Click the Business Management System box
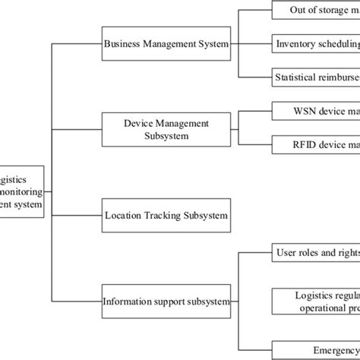tap(166, 44)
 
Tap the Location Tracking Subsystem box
tap(166, 216)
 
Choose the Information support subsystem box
tap(166, 302)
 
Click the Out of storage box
tap(315, 11)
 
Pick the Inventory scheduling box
tap(315, 43)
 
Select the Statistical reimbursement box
tap(315, 76)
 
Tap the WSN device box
tap(315, 109)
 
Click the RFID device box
tap(315, 142)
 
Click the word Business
tap(123, 44)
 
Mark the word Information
tap(126, 302)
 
